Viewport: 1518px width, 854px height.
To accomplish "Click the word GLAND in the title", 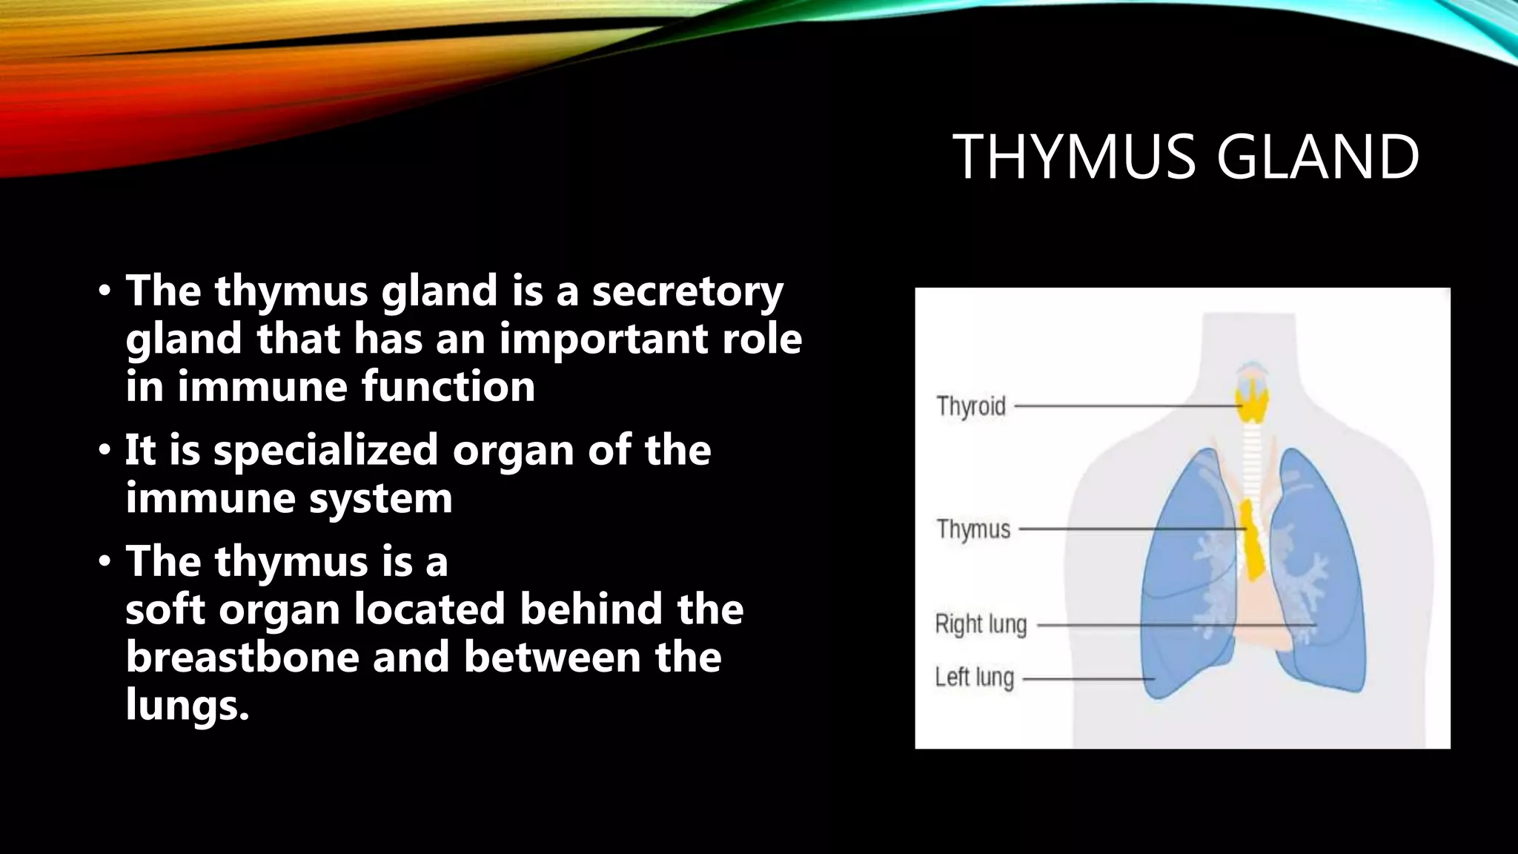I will tap(1317, 157).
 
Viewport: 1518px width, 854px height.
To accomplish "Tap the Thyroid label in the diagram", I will tap(970, 406).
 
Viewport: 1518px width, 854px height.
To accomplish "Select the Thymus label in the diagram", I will tap(973, 529).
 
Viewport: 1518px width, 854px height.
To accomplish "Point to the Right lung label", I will tap(981, 624).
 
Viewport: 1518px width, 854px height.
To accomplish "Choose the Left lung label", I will tap(974, 677).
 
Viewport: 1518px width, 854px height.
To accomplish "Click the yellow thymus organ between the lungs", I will tap(1253, 541).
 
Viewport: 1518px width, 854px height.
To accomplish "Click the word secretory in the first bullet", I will tap(686, 291).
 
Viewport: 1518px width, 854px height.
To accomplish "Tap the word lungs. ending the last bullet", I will tap(187, 704).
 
